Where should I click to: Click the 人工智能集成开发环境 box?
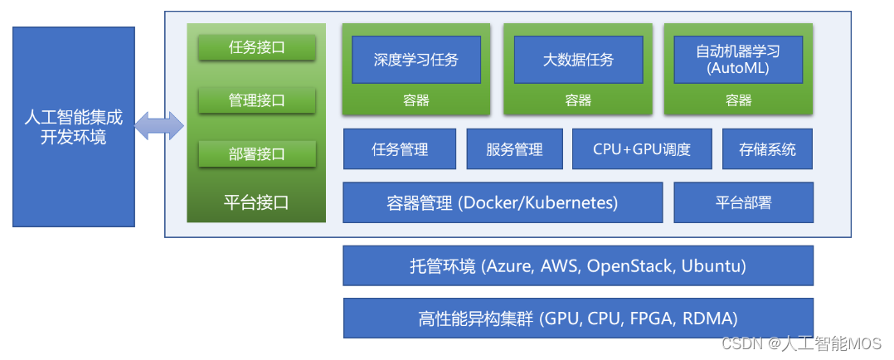tap(74, 126)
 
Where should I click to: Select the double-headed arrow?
tap(159, 126)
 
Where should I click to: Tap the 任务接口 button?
tap(256, 47)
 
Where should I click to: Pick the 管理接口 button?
tap(256, 100)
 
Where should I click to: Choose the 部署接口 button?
tap(256, 153)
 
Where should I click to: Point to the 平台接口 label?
tap(256, 202)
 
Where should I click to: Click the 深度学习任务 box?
tap(415, 60)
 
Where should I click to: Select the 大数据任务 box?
tap(578, 60)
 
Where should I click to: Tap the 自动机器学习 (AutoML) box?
tap(738, 60)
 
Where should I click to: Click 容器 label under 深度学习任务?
tap(415, 100)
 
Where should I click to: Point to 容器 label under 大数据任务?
tap(578, 100)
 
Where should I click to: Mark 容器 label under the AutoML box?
tap(738, 100)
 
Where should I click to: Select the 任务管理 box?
tap(400, 149)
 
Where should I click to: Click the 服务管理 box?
tap(514, 149)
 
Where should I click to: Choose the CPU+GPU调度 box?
tap(642, 149)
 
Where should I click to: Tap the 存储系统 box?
tap(767, 149)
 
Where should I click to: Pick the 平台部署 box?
tap(743, 202)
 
